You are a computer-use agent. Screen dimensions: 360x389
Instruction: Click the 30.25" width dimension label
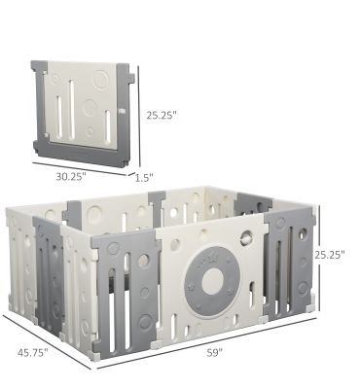71,177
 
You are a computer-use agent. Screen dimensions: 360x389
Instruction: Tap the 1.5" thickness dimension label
144,178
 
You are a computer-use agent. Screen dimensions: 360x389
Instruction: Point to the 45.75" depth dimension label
33,352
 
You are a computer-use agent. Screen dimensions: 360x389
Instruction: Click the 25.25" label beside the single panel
162,116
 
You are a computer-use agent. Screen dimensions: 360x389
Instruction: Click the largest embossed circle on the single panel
101,80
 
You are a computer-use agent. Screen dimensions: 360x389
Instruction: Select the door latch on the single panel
122,111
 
